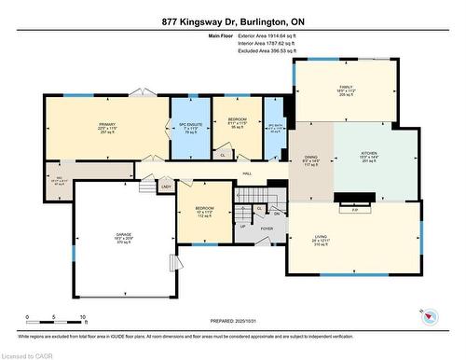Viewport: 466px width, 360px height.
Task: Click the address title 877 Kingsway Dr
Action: click(233, 21)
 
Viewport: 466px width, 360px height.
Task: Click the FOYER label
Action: click(267, 228)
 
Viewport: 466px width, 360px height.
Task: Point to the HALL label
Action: click(247, 173)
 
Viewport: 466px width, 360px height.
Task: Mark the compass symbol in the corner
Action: click(430, 316)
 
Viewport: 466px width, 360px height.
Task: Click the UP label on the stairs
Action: click(243, 226)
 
